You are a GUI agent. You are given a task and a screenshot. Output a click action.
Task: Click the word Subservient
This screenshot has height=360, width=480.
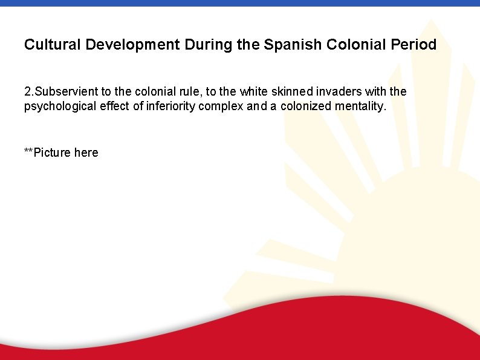(66, 92)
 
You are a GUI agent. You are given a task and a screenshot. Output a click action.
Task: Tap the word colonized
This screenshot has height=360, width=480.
(306, 107)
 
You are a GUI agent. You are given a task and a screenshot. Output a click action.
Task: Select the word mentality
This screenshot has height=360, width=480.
(360, 107)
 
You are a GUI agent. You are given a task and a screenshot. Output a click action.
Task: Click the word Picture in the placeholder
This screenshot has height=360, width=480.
(52, 152)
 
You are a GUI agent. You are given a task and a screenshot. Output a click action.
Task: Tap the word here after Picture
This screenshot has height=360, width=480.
(86, 152)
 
